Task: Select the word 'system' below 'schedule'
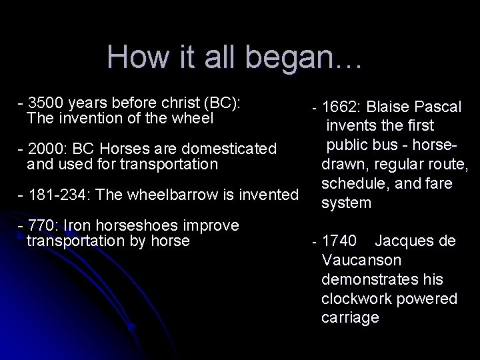pyautogui.click(x=346, y=203)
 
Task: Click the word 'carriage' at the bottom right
pyautogui.click(x=350, y=318)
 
